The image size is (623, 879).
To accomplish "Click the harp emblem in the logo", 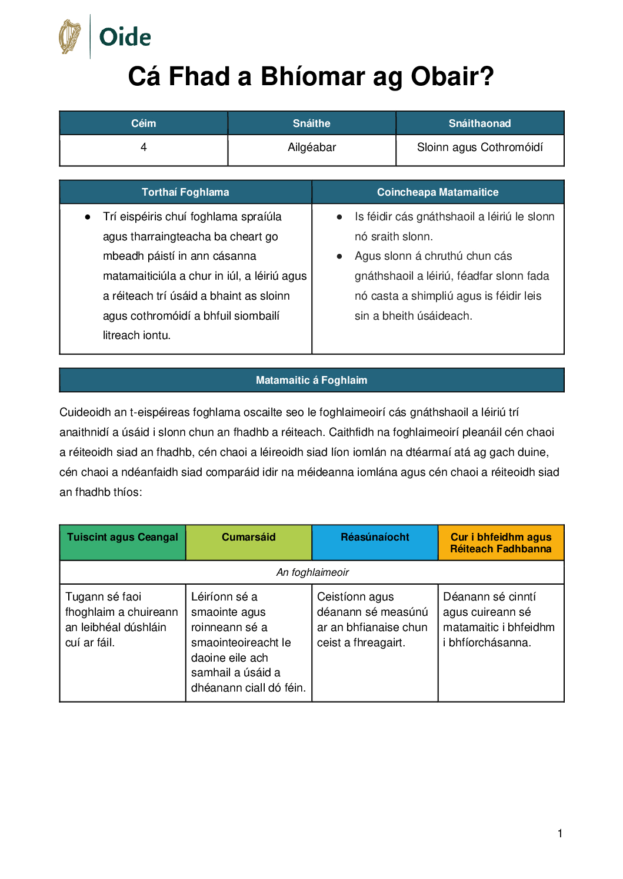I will point(70,36).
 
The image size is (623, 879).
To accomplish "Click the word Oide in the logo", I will point(125,38).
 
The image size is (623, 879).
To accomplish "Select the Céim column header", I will point(144,123).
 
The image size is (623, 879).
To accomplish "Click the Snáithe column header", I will point(312,123).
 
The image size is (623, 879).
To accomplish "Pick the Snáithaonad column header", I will point(479,123).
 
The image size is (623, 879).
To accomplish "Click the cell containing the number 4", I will point(144,147).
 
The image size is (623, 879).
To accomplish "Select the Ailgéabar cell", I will point(312,147).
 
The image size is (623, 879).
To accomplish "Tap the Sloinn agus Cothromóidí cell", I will point(479,147).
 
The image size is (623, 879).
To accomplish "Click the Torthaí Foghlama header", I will point(185,192).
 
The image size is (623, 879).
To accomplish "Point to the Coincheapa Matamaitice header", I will point(438,192).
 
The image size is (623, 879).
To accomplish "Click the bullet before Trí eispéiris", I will point(88,217).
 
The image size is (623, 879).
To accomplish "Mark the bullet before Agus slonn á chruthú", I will point(339,256).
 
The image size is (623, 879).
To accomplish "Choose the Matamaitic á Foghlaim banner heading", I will point(311,380).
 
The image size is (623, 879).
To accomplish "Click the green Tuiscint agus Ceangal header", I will point(122,538).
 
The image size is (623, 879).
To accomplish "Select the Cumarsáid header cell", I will point(248,538).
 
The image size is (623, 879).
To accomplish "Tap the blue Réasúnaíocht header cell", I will point(375,538).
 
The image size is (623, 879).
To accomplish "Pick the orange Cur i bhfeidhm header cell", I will point(501,543).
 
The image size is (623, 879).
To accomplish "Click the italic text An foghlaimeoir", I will point(312,572).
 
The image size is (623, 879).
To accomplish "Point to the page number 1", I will point(560,833).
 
